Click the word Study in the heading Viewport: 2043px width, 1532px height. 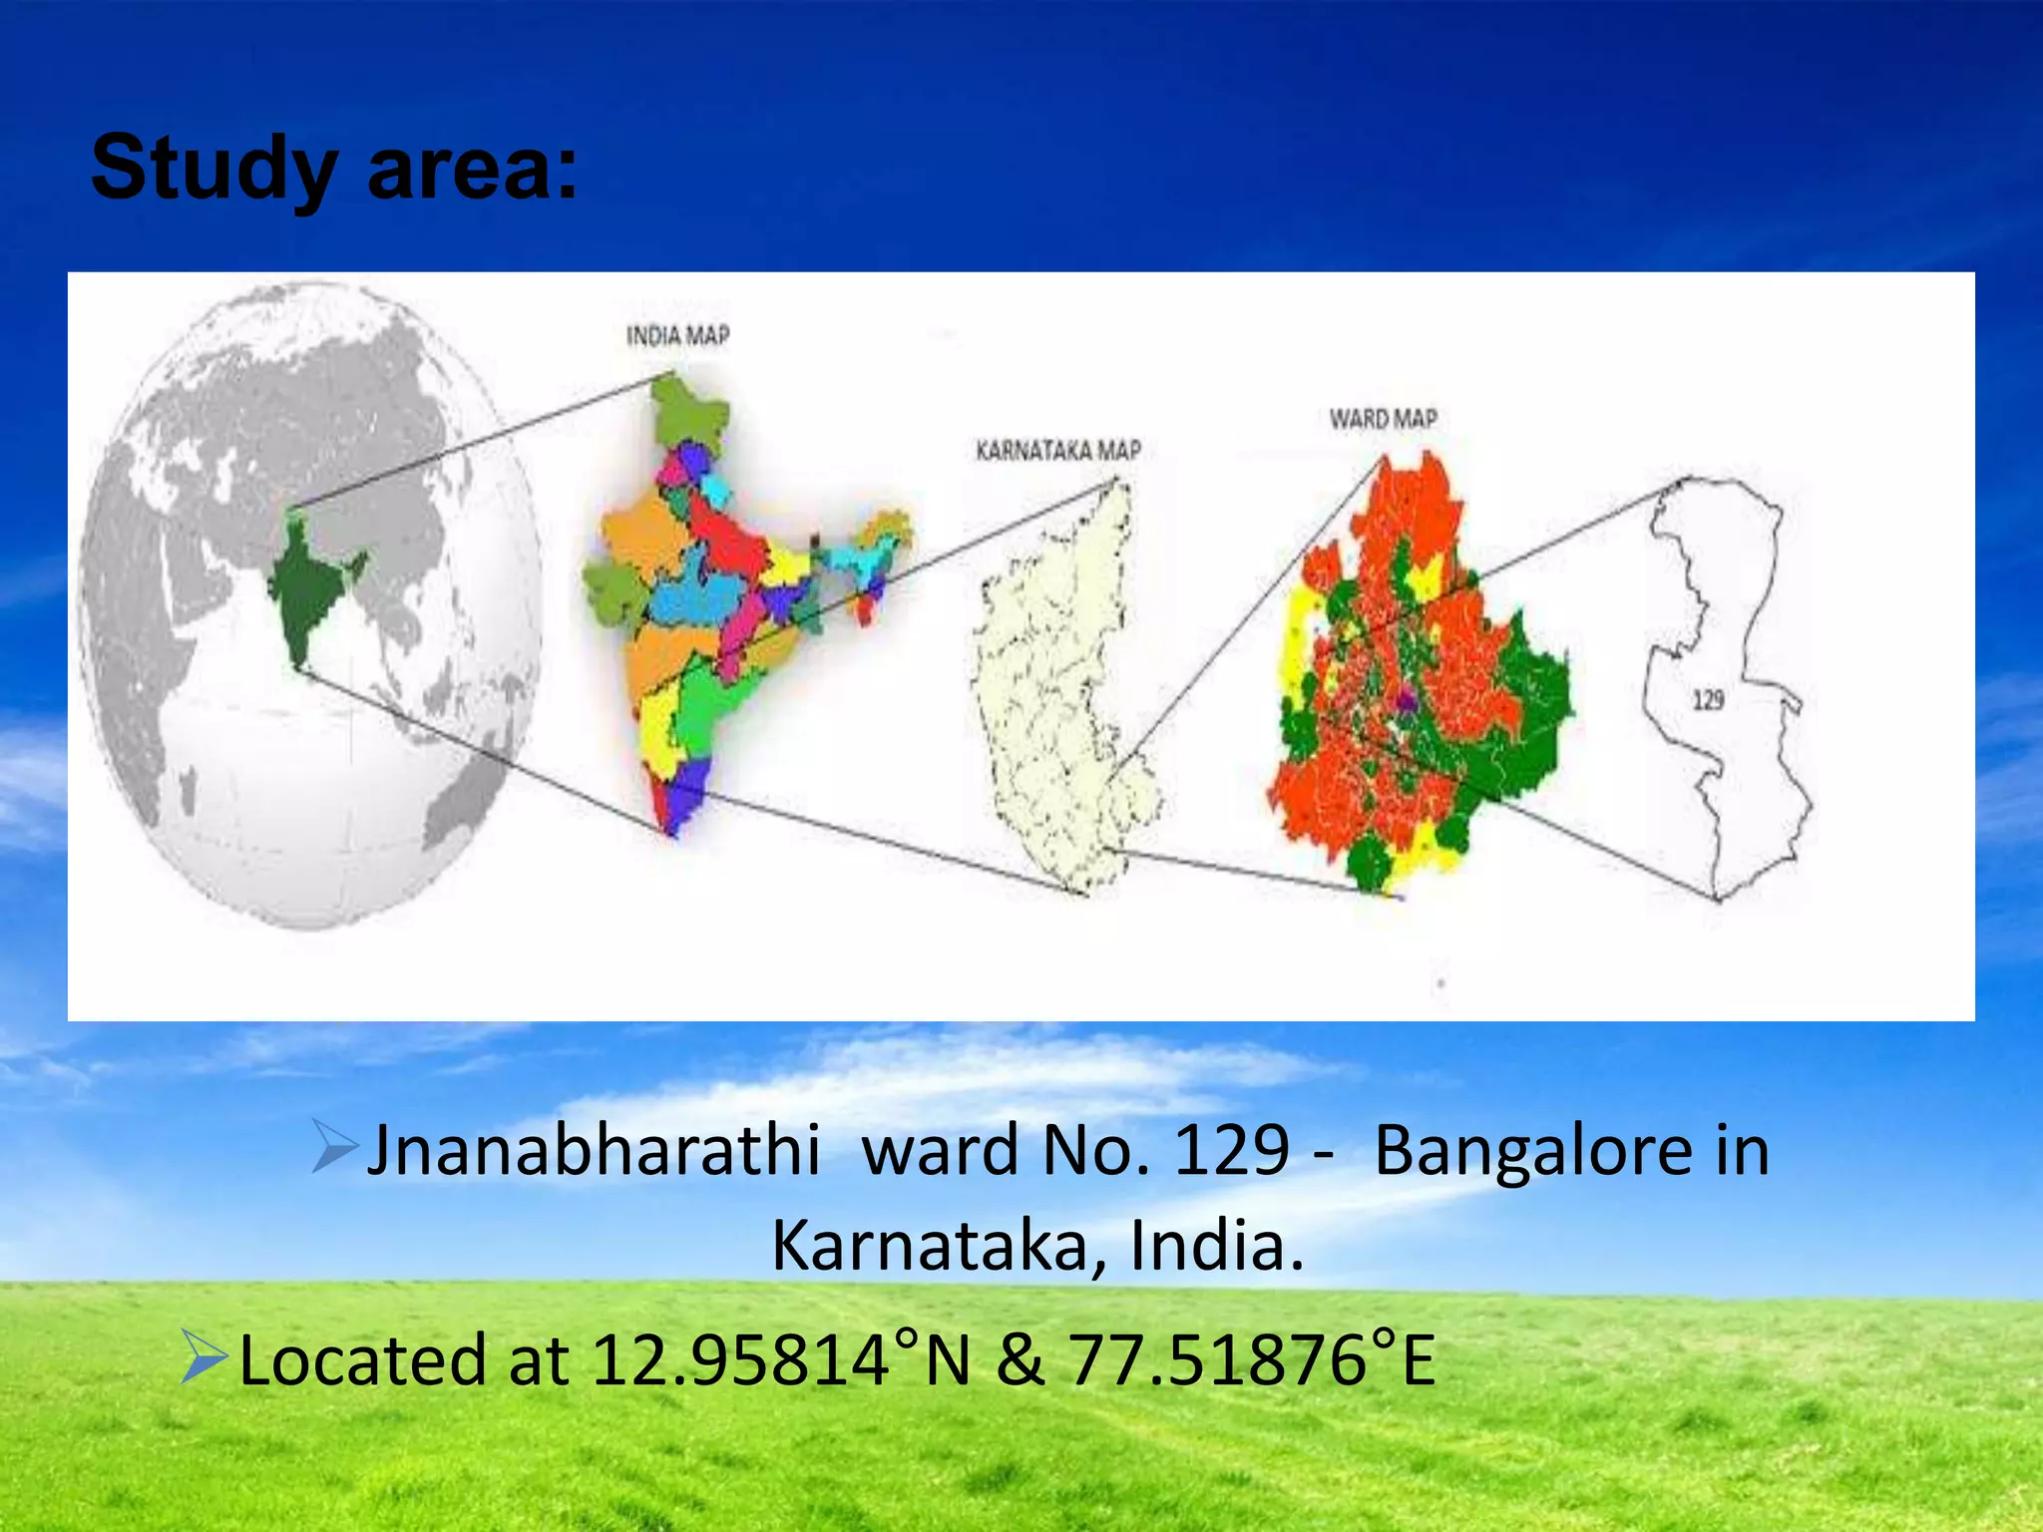212,169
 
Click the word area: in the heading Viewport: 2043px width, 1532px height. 473,169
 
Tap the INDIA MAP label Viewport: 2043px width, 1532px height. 677,336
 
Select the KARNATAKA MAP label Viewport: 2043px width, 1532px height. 1057,451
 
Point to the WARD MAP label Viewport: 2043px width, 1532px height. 1383,419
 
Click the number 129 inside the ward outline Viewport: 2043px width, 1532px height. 1708,700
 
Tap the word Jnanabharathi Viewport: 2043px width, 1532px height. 594,1151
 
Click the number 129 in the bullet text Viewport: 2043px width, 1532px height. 1232,1151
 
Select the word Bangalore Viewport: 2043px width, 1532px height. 1533,1151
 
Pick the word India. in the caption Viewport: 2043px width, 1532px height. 1217,1247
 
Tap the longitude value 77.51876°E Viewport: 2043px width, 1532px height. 1251,1360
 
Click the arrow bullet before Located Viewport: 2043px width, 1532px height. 204,1357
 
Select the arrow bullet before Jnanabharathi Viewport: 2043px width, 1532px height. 333,1147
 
